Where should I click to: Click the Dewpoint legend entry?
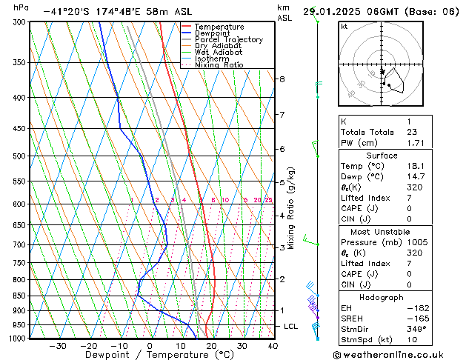213,33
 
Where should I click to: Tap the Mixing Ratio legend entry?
219,65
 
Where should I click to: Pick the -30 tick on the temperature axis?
57,346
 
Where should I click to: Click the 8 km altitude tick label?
282,79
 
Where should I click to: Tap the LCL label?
291,327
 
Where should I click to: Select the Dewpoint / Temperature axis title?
150,355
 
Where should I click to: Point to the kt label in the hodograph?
344,26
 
